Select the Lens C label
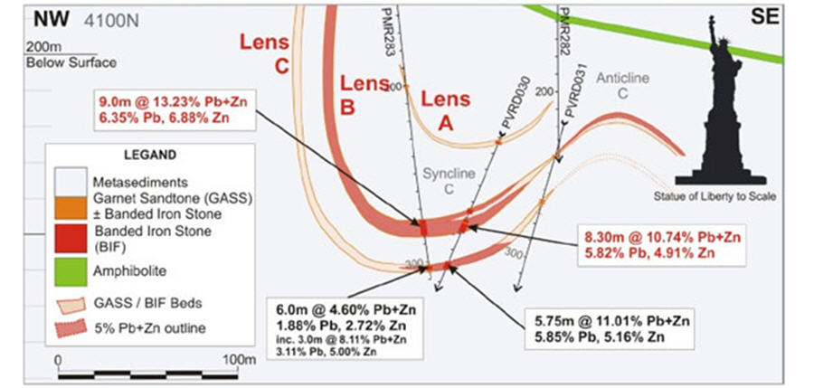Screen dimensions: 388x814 coord(264,53)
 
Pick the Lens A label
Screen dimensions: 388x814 coord(446,111)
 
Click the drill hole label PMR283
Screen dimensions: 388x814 coord(392,31)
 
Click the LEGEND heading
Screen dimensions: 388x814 coord(151,155)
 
